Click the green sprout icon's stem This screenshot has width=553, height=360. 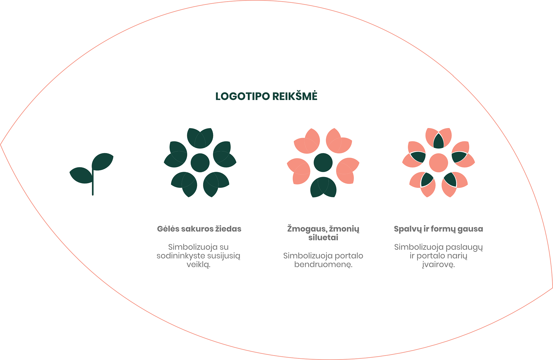click(93, 184)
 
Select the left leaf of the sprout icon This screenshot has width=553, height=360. click(81, 175)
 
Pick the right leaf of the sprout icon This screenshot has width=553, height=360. click(103, 161)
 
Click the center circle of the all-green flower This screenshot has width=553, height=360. click(200, 163)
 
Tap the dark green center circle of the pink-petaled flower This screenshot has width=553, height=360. click(323, 163)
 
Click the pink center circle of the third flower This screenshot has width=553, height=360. click(438, 163)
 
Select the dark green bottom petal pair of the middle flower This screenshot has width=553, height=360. click(323, 187)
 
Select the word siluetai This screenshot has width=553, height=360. click(323, 238)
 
